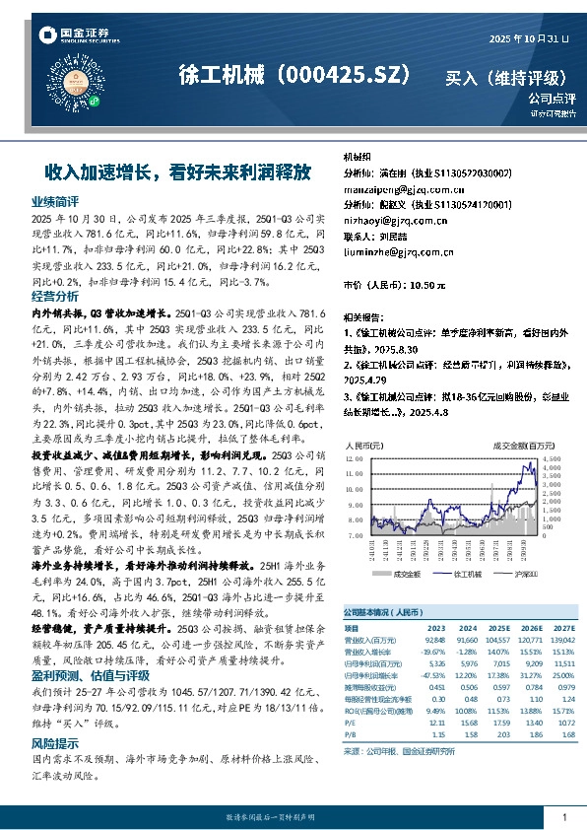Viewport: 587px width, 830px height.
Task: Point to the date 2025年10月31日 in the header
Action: coord(529,38)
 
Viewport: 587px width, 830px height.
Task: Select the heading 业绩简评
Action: coord(55,201)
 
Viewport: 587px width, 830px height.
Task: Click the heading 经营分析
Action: coord(55,296)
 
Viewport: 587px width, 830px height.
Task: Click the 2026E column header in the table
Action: coord(530,626)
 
